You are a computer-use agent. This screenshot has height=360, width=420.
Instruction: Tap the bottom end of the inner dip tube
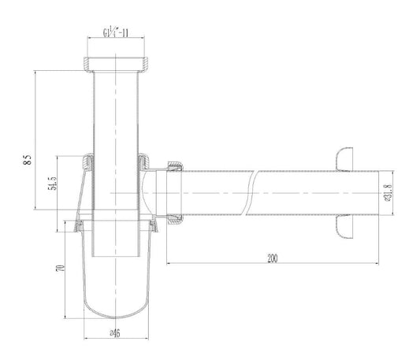coord(117,254)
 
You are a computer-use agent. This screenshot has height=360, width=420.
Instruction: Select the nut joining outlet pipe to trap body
coord(175,191)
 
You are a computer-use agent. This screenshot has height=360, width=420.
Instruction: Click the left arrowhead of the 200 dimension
coord(167,264)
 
